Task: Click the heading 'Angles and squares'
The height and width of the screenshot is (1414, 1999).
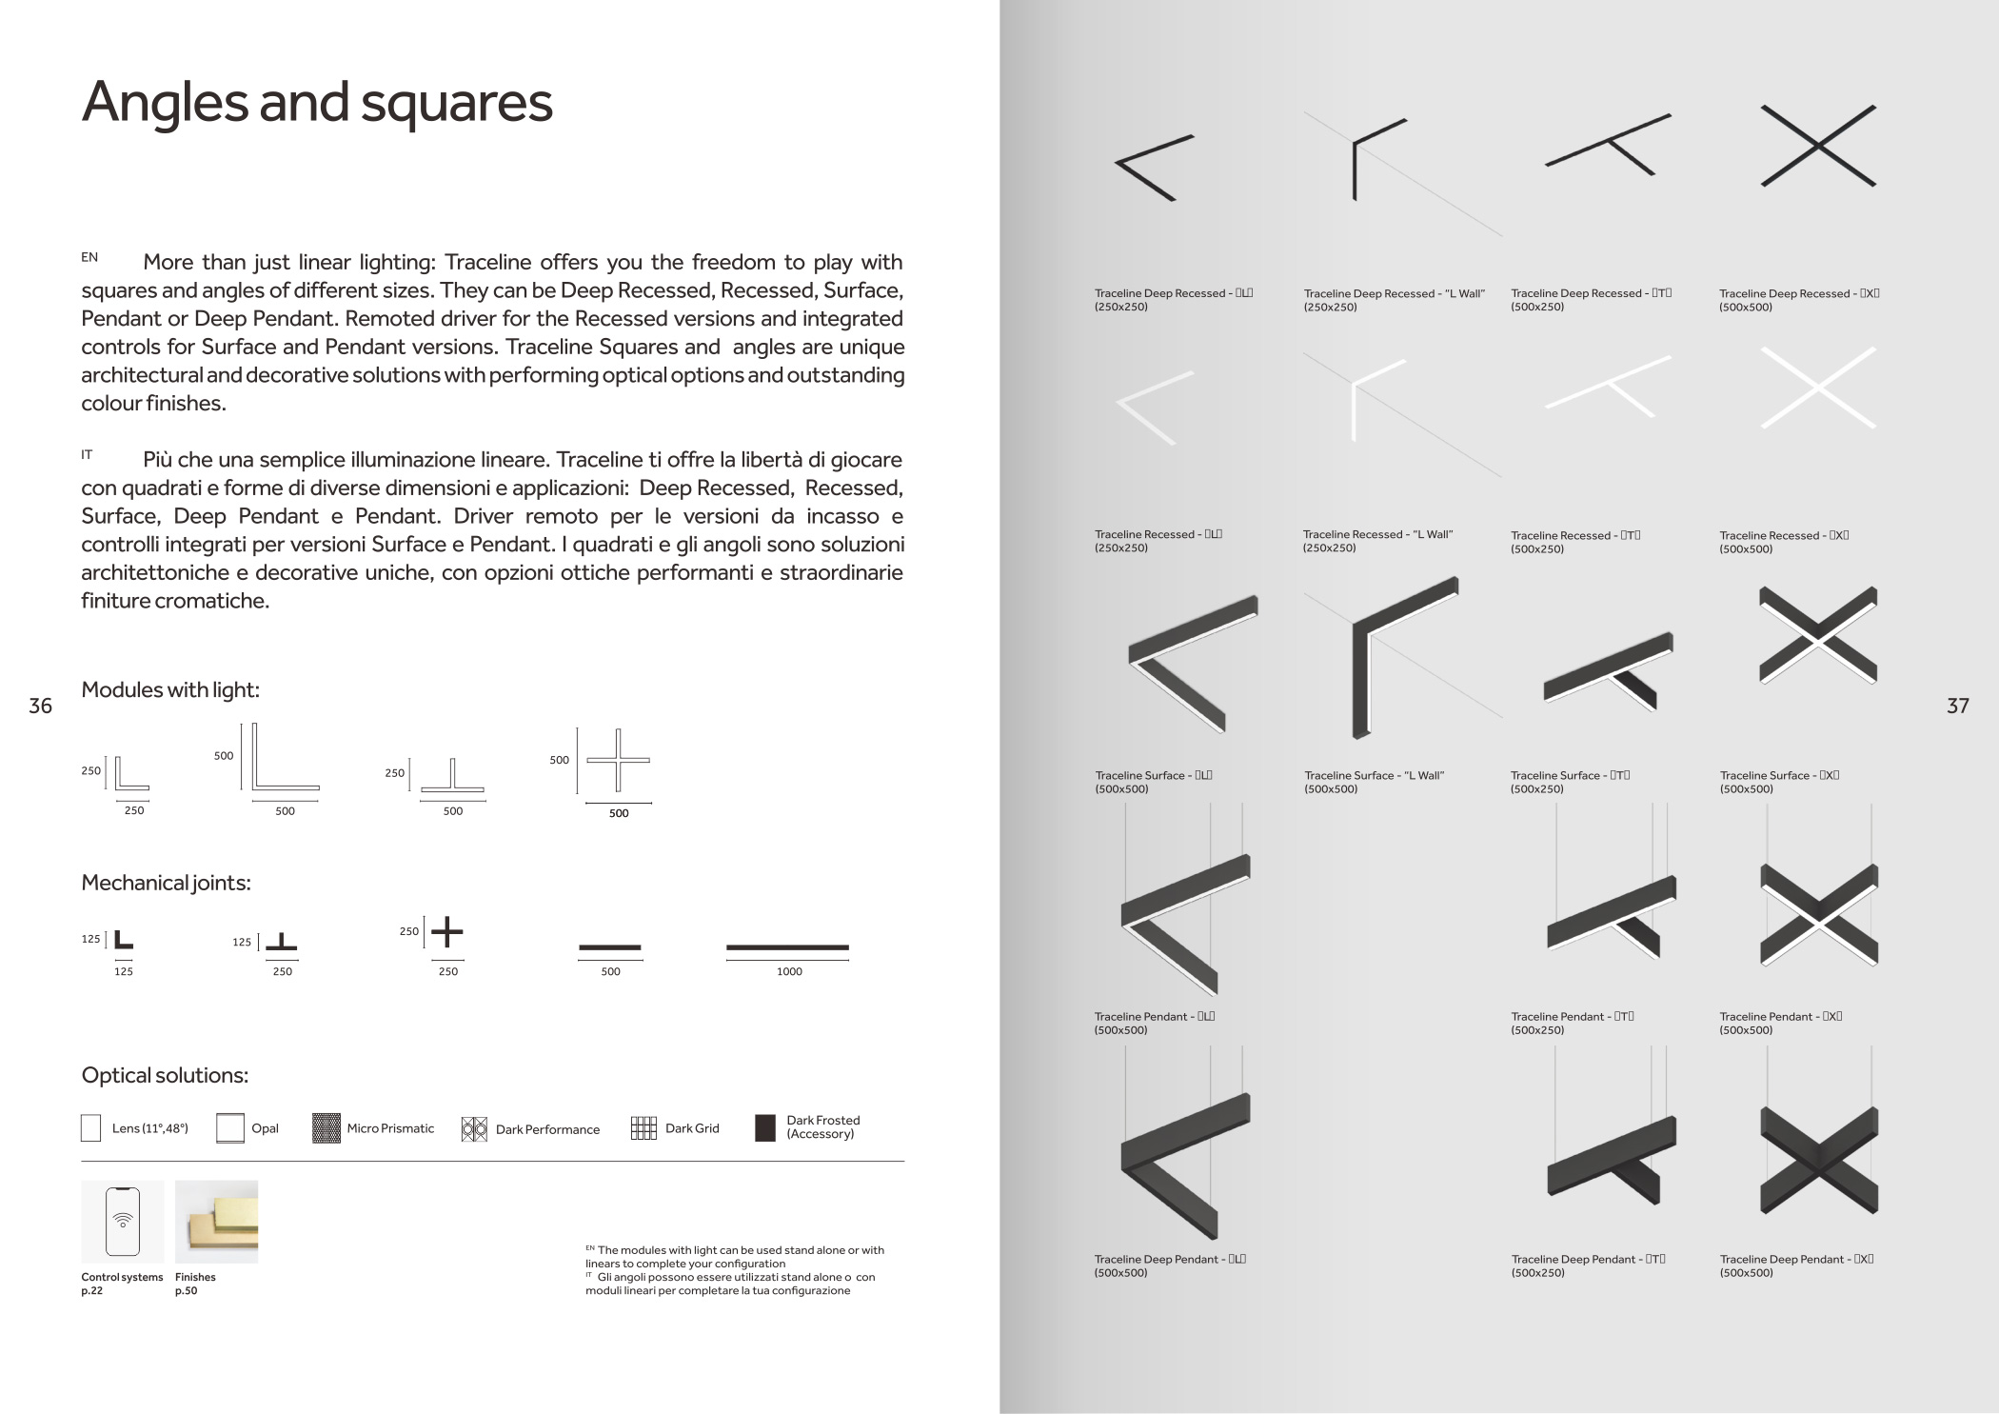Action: coord(317,102)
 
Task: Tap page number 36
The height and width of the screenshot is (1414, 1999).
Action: coord(40,706)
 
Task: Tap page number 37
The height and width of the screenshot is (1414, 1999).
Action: coord(1957,706)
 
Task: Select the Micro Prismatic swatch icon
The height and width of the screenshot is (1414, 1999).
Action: coord(327,1128)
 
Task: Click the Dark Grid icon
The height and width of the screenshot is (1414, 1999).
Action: coord(643,1128)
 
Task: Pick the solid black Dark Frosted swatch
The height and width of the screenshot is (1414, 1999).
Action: coord(765,1128)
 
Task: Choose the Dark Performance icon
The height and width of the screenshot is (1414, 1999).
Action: coord(474,1129)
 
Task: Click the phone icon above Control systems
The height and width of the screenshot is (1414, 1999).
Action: coord(123,1222)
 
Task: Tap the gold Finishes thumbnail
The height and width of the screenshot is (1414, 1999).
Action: coord(216,1222)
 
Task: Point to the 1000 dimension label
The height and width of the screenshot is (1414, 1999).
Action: coord(789,971)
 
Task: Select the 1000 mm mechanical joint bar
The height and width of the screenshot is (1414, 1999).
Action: coord(787,947)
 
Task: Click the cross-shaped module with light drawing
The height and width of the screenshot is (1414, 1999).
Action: coord(618,760)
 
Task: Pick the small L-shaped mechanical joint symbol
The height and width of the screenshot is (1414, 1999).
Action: coord(124,940)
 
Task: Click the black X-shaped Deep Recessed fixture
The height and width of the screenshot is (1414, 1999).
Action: coord(1818,146)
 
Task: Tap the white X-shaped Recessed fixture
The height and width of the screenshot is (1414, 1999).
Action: coord(1818,388)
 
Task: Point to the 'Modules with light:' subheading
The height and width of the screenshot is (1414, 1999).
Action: coord(170,689)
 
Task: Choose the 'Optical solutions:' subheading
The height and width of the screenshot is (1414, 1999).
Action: coord(165,1075)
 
